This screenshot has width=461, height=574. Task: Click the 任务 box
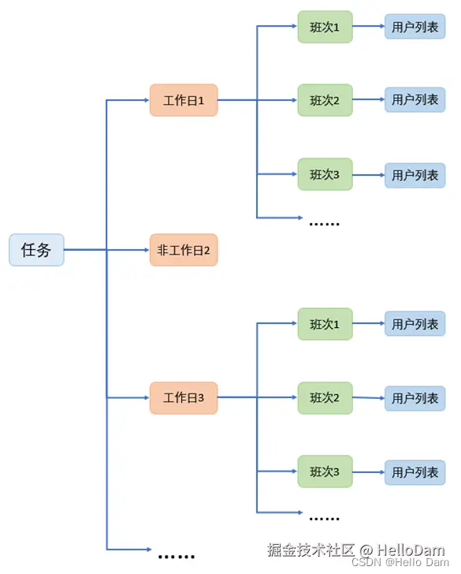click(x=36, y=250)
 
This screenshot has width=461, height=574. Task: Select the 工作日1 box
click(x=184, y=100)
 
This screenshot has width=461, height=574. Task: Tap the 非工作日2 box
click(x=184, y=250)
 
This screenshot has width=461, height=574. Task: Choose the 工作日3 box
click(x=184, y=398)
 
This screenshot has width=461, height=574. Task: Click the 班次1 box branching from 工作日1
click(x=325, y=27)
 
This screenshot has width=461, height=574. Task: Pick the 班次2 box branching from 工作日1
click(x=325, y=100)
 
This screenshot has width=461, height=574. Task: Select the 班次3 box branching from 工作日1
click(x=325, y=174)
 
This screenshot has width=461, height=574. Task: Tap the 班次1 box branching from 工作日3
click(x=325, y=324)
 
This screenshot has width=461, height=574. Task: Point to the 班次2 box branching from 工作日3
click(x=325, y=398)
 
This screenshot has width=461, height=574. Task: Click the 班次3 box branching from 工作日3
click(x=325, y=471)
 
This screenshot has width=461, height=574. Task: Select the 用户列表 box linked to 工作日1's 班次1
click(x=415, y=27)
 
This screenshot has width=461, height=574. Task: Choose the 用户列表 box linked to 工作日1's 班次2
click(x=415, y=100)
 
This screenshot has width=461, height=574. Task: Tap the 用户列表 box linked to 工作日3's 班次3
click(x=415, y=472)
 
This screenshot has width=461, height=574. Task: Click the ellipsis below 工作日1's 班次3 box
click(x=324, y=223)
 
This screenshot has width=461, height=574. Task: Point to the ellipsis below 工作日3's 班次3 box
click(x=324, y=519)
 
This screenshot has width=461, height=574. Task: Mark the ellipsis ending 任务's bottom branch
click(x=176, y=556)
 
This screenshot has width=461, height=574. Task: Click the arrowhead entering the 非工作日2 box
click(x=145, y=250)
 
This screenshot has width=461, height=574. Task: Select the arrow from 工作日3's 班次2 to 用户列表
click(x=369, y=398)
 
